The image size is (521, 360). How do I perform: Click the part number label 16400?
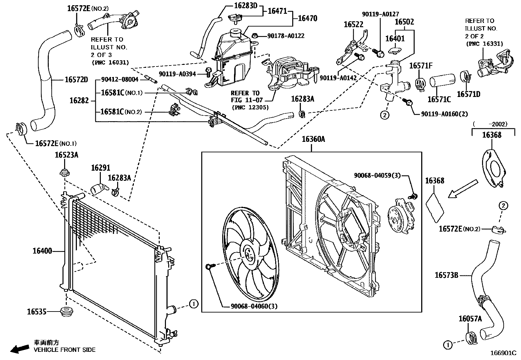[x=42, y=251]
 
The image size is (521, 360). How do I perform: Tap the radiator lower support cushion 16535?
[x=66, y=312]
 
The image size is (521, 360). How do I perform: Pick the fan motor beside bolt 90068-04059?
[x=401, y=216]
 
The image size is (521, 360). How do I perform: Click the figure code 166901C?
[x=503, y=353]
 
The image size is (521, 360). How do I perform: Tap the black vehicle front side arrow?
[x=20, y=349]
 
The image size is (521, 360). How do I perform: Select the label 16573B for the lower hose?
[x=446, y=275]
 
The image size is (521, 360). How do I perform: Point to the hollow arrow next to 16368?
[x=463, y=189]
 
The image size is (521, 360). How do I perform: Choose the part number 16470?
[x=308, y=18]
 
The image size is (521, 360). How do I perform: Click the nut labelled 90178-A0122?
[x=255, y=36]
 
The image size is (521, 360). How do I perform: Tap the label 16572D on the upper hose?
[x=76, y=80]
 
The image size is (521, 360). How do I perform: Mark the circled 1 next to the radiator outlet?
[x=194, y=304]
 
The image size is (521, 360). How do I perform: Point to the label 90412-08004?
[x=120, y=79]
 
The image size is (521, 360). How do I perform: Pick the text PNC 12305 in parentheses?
[x=250, y=107]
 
